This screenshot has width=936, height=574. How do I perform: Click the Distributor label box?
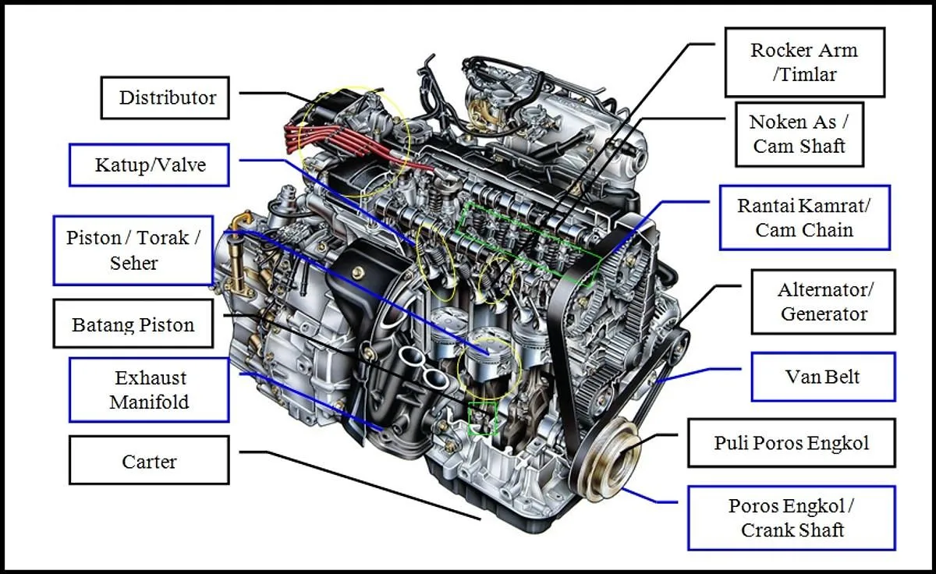(x=165, y=97)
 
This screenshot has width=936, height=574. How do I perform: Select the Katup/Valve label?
(x=149, y=165)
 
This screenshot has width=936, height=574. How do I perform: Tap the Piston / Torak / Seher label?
(x=133, y=250)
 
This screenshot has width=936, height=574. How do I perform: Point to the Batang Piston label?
(x=133, y=324)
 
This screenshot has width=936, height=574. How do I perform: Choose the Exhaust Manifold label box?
(x=149, y=390)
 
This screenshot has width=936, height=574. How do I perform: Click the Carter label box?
(x=149, y=461)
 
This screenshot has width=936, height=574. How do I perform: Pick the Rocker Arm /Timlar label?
(x=804, y=62)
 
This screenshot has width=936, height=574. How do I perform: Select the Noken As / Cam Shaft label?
(x=799, y=134)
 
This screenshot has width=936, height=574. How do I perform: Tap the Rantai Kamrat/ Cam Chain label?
(x=804, y=218)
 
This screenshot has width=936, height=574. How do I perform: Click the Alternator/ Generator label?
(x=824, y=302)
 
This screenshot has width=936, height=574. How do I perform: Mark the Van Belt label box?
(x=822, y=377)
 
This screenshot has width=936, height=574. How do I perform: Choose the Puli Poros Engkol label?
(x=791, y=443)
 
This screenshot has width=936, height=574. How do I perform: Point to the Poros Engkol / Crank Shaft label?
(x=791, y=518)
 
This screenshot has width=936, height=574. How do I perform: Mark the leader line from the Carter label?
(x=359, y=484)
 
